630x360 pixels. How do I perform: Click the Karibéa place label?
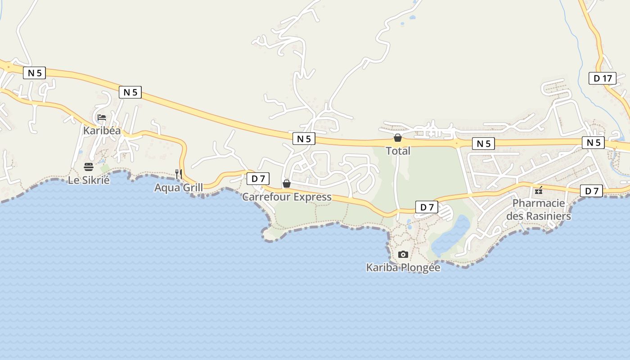(x=102, y=130)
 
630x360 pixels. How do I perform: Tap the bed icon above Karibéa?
(x=102, y=118)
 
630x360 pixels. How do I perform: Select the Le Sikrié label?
(x=89, y=180)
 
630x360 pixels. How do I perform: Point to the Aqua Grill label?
(x=178, y=187)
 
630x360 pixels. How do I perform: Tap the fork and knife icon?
(x=179, y=174)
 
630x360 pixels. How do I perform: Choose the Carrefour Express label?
(x=287, y=197)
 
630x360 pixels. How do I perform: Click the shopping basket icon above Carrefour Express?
(x=287, y=184)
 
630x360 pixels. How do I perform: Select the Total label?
(x=398, y=151)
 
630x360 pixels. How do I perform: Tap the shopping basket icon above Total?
(x=398, y=138)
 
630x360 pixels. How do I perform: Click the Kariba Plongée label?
(x=403, y=267)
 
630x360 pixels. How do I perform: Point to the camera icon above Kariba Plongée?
(x=403, y=255)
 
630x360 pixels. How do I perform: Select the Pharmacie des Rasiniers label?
(x=539, y=210)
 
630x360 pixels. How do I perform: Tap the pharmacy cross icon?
(x=539, y=191)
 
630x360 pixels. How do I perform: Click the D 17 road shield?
(x=603, y=78)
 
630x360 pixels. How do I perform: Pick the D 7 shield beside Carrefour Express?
(x=258, y=179)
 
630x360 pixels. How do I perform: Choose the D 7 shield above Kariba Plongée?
(x=427, y=207)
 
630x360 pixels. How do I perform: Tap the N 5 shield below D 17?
(x=594, y=143)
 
